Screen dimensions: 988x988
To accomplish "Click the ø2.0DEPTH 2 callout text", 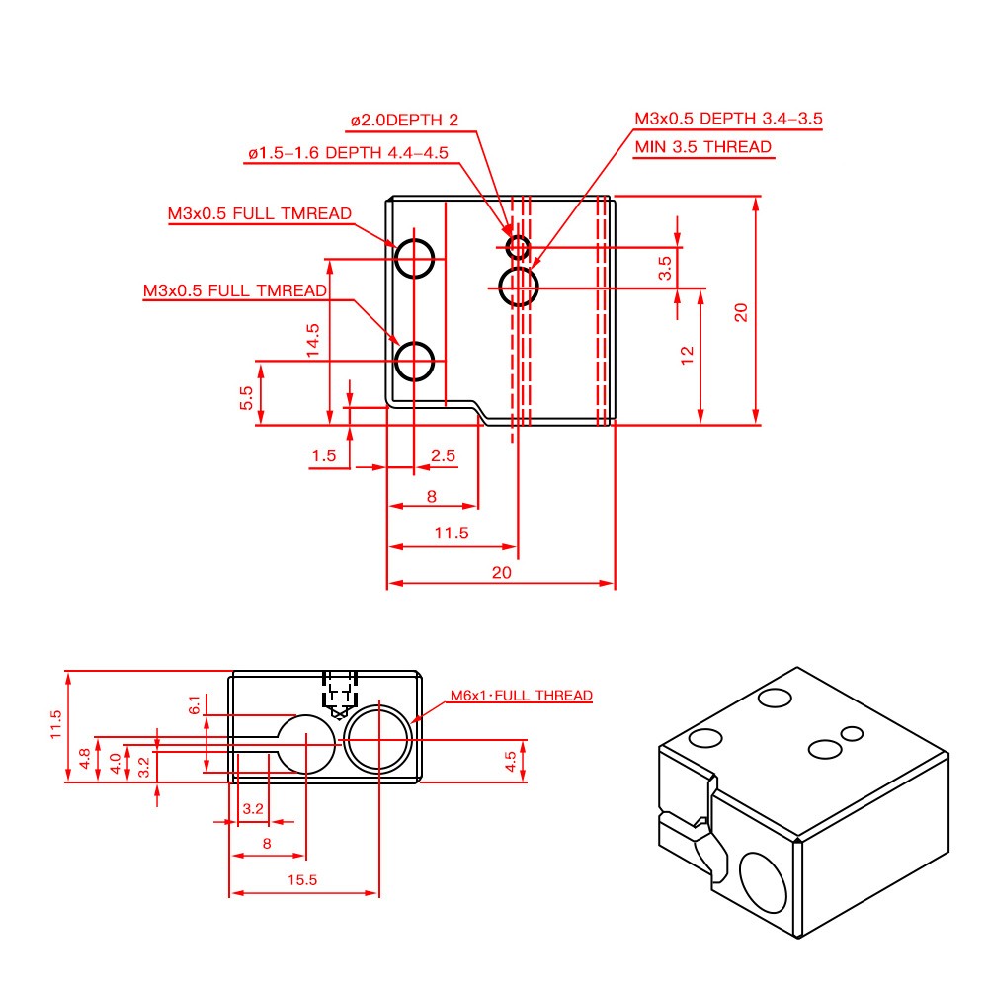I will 403,121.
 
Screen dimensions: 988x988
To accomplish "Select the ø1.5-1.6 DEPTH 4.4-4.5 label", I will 347,153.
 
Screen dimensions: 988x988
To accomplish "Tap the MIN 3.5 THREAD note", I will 702,146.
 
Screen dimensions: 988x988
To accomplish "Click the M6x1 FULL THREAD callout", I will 522,696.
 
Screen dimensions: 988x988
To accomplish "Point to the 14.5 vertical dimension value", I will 312,339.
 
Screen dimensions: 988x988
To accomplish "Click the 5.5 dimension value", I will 246,397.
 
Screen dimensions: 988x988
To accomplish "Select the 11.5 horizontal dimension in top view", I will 451,533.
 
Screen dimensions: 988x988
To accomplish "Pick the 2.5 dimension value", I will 444,455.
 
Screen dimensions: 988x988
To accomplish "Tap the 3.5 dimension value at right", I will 665,267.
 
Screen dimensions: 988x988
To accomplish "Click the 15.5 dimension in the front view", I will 304,879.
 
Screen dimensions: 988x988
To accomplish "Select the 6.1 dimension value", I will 195,704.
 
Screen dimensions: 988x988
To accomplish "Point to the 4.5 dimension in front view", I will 510,761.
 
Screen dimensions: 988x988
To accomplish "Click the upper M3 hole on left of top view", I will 415,259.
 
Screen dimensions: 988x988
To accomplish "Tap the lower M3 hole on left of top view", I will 415,361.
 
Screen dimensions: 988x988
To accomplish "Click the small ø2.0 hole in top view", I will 517,246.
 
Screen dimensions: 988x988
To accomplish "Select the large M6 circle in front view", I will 379,739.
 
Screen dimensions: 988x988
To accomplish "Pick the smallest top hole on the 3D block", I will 852,733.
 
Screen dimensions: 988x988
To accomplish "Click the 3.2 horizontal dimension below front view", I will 253,808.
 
